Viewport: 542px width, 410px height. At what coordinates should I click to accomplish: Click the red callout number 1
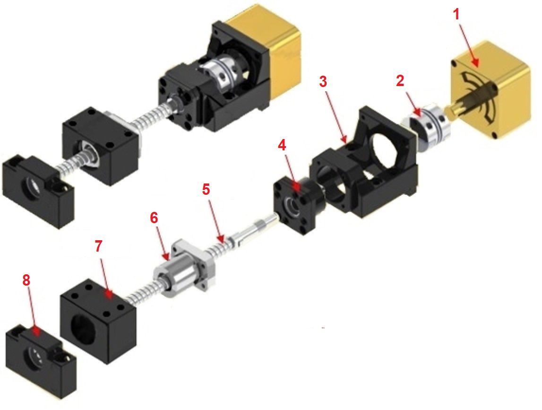pyautogui.click(x=456, y=15)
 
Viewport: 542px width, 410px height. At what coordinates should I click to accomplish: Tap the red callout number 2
pyautogui.click(x=400, y=80)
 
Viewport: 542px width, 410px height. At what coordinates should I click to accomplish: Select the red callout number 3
pyautogui.click(x=323, y=82)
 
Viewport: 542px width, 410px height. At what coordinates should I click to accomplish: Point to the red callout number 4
pyautogui.click(x=282, y=145)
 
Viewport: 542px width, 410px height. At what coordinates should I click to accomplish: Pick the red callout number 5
pyautogui.click(x=206, y=189)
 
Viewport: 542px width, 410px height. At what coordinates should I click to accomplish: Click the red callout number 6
pyautogui.click(x=154, y=218)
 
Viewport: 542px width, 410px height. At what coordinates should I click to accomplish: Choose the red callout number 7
pyautogui.click(x=98, y=246)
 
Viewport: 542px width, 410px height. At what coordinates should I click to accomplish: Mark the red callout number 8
pyautogui.click(x=26, y=280)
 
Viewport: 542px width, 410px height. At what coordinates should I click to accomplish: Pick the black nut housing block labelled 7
pyautogui.click(x=98, y=321)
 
